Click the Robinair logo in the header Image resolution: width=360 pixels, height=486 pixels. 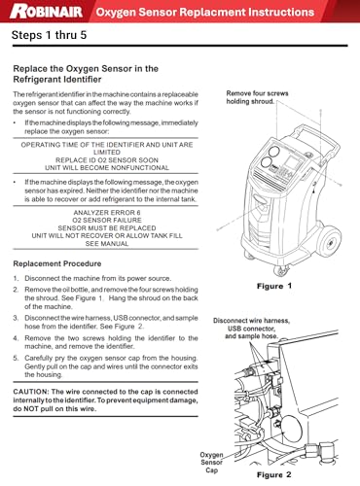tap(46, 12)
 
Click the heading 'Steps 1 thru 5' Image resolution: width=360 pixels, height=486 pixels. tap(50, 35)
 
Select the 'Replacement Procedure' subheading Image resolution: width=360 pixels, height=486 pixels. tap(57, 263)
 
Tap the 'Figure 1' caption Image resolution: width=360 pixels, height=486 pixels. tap(274, 286)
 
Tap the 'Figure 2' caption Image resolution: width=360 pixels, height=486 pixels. tap(274, 474)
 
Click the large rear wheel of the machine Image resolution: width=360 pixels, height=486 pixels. tap(329, 242)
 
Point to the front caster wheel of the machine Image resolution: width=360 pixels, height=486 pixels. tap(281, 269)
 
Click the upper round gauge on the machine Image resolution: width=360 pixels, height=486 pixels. tap(274, 151)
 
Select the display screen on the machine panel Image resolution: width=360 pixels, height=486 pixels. tap(291, 162)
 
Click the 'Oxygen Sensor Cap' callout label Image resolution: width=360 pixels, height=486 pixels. tap(211, 463)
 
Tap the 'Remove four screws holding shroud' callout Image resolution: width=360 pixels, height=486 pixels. tap(257, 97)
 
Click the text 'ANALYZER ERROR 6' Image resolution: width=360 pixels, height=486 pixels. tap(107, 213)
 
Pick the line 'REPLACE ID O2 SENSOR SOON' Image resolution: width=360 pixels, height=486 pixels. tap(107, 160)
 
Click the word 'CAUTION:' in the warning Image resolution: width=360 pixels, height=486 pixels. tap(31, 392)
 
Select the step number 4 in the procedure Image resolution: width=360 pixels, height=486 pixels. tap(16, 338)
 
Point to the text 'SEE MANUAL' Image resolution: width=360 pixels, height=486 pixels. tap(107, 244)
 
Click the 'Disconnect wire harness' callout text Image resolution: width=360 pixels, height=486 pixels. tap(251, 321)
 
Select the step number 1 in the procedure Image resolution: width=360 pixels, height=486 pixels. tap(16, 278)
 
